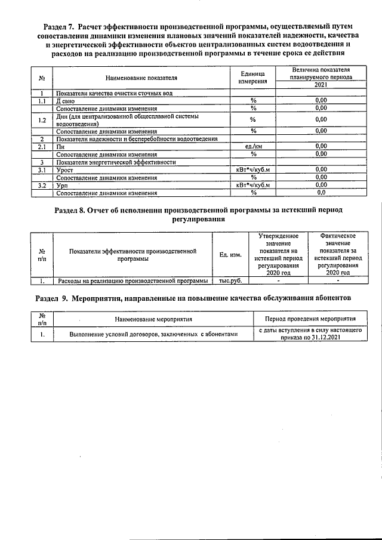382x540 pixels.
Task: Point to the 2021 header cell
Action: tap(321, 85)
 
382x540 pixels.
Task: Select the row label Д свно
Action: tap(66, 101)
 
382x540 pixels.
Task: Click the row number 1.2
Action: tap(42, 119)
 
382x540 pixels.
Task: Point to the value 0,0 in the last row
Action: tap(321, 193)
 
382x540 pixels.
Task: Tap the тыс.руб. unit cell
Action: tap(230, 280)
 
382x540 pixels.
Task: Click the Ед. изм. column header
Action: tap(230, 255)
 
